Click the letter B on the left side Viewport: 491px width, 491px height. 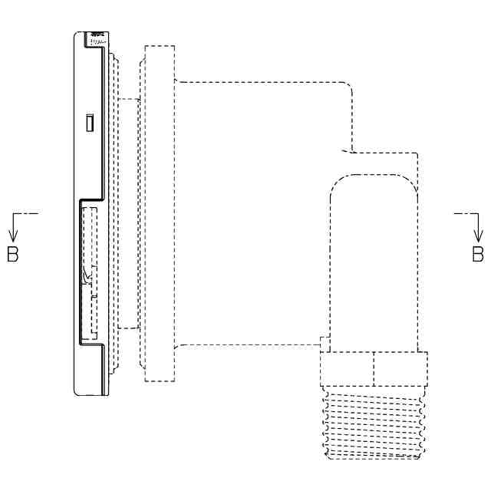coord(13,254)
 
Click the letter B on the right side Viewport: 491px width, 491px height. coord(478,254)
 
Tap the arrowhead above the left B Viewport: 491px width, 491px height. coord(13,236)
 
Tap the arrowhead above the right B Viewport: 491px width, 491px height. coord(478,236)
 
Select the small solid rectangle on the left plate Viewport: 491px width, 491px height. coord(90,123)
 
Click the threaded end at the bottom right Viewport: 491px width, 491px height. coord(374,423)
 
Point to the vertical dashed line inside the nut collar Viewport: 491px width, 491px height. coord(374,369)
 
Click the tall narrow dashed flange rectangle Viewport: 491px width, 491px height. coord(160,213)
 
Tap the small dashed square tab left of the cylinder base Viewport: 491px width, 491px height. coord(325,344)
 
